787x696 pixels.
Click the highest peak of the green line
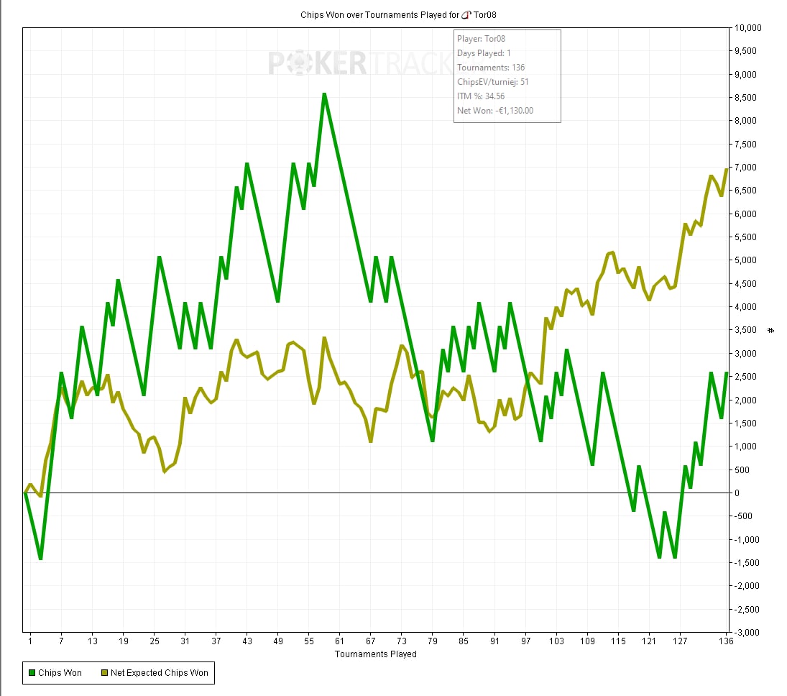pos(324,94)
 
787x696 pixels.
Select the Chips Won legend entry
pos(55,673)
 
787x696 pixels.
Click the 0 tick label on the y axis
pos(737,493)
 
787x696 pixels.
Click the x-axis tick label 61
pos(340,641)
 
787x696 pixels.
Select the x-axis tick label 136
pos(725,641)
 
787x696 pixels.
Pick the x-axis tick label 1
pos(30,641)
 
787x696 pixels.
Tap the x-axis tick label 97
pos(526,641)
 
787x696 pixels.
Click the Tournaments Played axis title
pos(375,654)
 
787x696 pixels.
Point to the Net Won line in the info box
pos(495,110)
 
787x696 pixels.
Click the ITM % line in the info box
pos(481,96)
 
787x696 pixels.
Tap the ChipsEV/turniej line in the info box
pos(493,82)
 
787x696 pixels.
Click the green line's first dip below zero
pos(40,558)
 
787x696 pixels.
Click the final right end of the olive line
pos(727,169)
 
